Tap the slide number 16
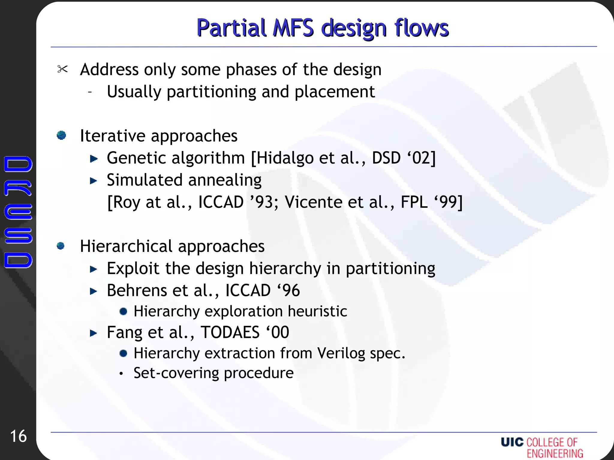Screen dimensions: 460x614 [19, 436]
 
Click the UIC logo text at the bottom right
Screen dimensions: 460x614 [512, 442]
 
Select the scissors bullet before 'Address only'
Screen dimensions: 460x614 [62, 69]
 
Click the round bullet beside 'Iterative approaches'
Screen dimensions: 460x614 [61, 135]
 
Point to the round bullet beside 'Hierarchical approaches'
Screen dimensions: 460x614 [61, 246]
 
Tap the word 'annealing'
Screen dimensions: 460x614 [225, 180]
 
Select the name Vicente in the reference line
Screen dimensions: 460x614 [314, 202]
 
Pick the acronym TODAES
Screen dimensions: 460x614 [230, 332]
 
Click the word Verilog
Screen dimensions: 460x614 [341, 353]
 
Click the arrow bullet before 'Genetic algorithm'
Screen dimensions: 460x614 [94, 158]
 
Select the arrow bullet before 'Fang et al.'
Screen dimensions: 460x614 [94, 333]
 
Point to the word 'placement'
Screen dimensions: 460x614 [335, 92]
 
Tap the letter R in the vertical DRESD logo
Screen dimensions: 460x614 [18, 188]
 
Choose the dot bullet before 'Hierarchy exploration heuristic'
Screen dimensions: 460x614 [123, 311]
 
